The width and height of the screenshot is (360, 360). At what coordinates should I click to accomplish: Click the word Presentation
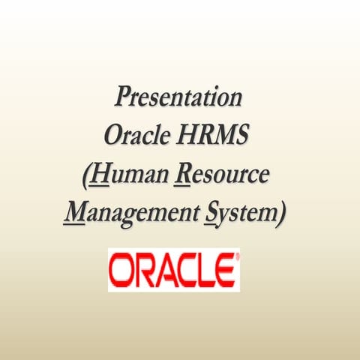(x=179, y=97)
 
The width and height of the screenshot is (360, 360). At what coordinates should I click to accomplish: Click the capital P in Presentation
(x=122, y=97)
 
